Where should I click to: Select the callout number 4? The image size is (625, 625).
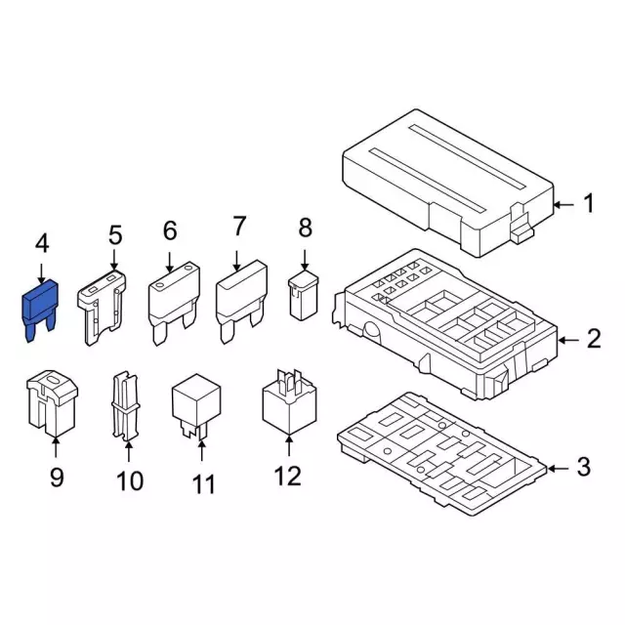42,243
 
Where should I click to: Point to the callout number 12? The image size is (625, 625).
287,476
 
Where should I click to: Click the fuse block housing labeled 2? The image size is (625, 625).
444,323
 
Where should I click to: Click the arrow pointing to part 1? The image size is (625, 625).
563,205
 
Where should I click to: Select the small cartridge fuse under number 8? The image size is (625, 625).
303,295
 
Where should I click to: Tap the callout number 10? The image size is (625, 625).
130,480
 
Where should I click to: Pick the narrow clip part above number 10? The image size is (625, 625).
126,406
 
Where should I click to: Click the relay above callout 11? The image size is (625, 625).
196,405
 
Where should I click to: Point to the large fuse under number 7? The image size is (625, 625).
241,301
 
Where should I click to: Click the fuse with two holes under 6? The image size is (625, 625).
174,303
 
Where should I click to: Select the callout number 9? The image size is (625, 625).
57,478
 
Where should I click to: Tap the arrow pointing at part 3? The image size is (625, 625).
558,469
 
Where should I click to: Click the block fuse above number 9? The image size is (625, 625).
52,402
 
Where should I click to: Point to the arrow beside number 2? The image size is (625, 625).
568,340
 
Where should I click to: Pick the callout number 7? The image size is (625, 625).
239,226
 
